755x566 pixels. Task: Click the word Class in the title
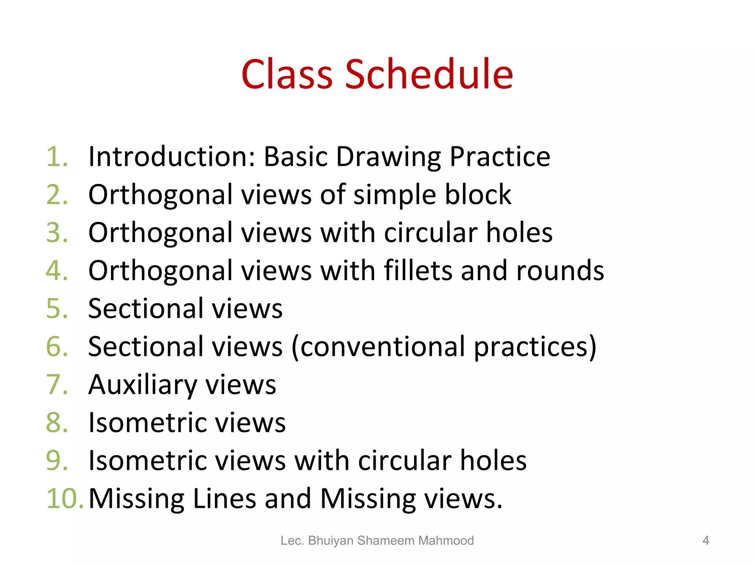(x=287, y=74)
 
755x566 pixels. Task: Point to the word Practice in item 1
(x=500, y=157)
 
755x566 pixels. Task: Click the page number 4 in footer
(x=706, y=541)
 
